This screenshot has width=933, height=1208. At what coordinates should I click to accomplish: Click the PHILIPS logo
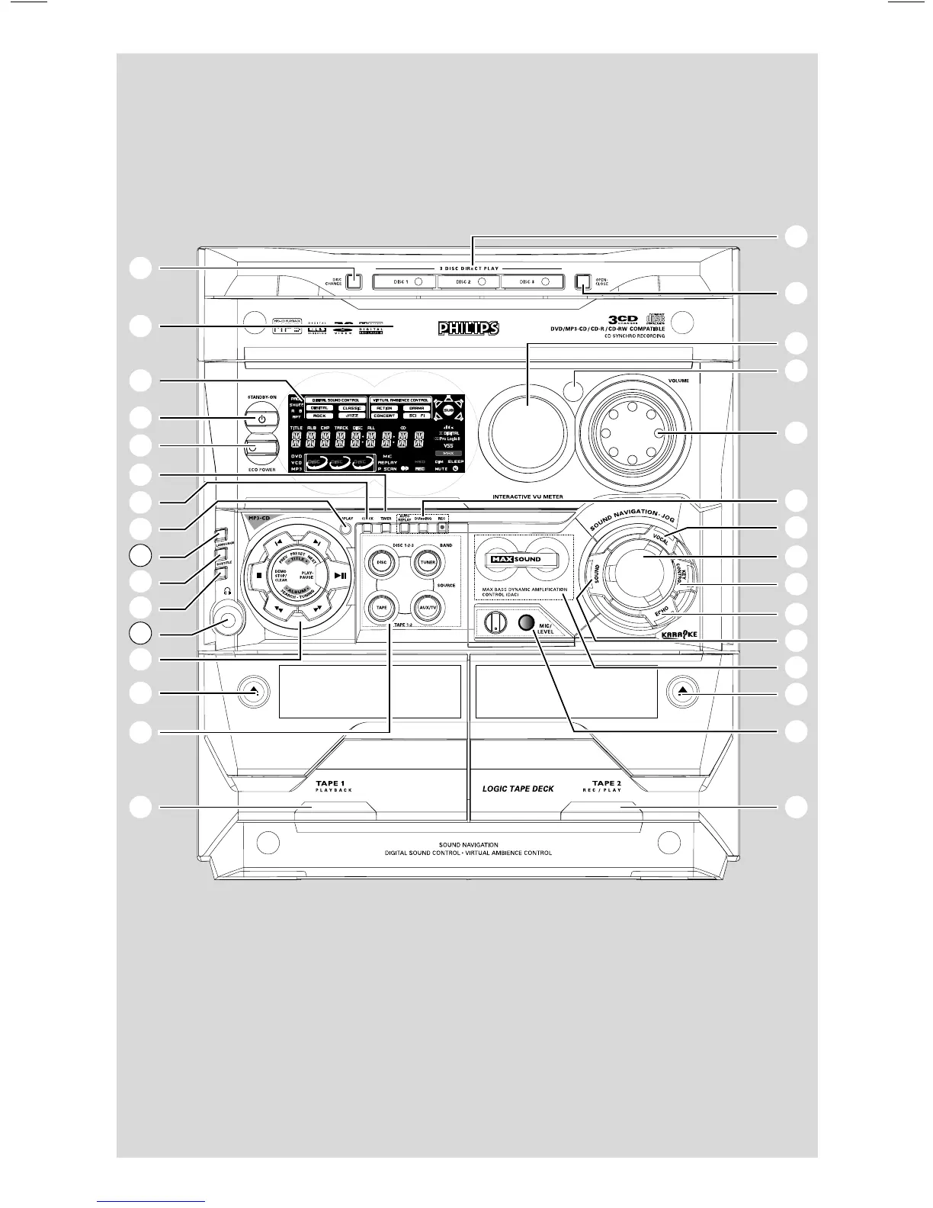[467, 328]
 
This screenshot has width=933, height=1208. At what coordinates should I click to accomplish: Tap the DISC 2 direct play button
[468, 281]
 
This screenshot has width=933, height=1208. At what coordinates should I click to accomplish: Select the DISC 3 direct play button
[532, 281]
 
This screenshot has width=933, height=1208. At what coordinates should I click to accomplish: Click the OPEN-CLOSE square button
[584, 282]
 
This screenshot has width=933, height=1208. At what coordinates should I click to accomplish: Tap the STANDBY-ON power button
[261, 419]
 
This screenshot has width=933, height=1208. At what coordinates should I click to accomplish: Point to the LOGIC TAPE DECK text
[518, 788]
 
